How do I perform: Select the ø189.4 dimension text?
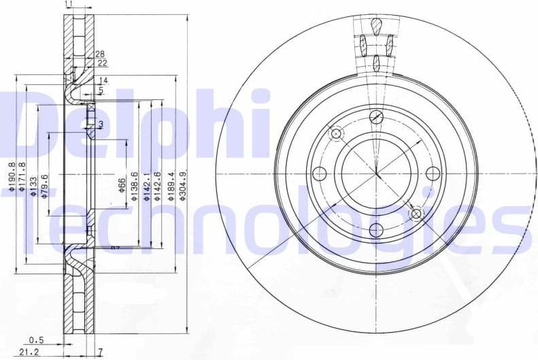(171, 185)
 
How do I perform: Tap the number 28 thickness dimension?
(100, 54)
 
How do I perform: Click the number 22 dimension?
(103, 63)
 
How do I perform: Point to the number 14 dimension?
(103, 80)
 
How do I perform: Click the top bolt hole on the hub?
(376, 116)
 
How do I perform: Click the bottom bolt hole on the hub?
(376, 230)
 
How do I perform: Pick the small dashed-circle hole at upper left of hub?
(335, 133)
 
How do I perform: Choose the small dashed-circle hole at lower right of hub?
(416, 214)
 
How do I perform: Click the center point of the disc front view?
(376, 174)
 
